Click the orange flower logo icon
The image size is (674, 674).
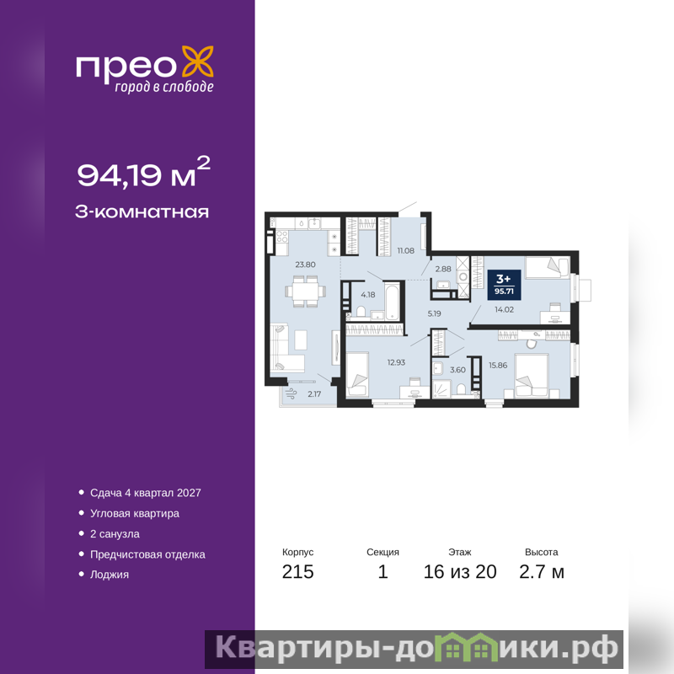[198, 62]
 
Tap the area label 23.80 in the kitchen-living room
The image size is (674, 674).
[305, 265]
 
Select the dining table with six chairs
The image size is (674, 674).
[305, 292]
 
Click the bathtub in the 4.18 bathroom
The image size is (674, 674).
[392, 301]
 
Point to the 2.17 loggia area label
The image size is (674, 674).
[314, 393]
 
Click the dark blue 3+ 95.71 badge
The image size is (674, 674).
[504, 285]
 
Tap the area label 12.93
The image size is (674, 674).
[396, 362]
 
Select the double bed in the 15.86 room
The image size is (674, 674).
[532, 375]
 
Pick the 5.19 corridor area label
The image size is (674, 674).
[434, 313]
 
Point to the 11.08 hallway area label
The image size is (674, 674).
[406, 250]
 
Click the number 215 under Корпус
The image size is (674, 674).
[298, 572]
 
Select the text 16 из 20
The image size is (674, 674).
[460, 572]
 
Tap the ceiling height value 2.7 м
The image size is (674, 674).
[542, 572]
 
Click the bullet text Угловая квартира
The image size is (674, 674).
[135, 514]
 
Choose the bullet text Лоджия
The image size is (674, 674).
[110, 575]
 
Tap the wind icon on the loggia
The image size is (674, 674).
[291, 393]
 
